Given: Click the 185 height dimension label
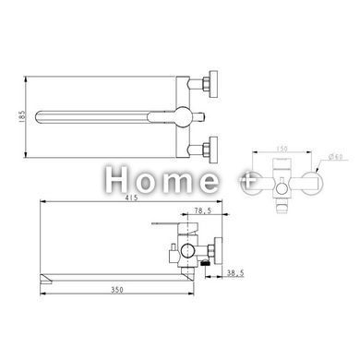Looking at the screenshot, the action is (x=21, y=116).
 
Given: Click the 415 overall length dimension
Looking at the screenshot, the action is (x=132, y=198).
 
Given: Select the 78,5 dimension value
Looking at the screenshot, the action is (x=203, y=210).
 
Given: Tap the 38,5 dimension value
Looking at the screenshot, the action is (x=235, y=272).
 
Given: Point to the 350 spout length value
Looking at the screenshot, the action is (x=117, y=290).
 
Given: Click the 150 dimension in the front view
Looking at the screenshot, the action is (x=282, y=149).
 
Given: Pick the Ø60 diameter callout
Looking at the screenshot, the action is (x=336, y=157).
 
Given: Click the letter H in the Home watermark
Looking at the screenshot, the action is (x=116, y=179).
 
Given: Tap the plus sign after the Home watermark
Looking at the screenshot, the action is (x=247, y=181).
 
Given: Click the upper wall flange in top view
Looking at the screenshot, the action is (x=213, y=84).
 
